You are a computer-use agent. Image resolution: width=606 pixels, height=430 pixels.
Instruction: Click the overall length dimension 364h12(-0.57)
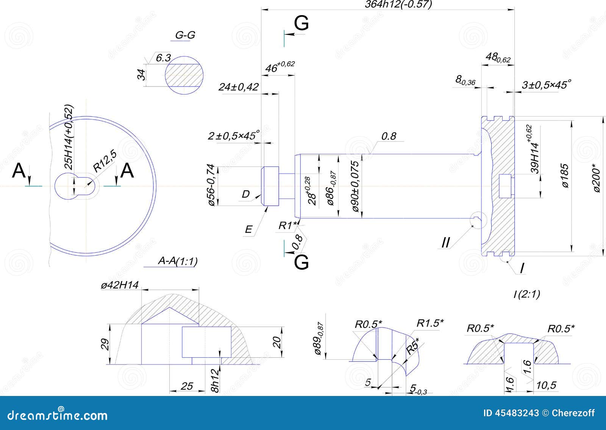tap(398, 4)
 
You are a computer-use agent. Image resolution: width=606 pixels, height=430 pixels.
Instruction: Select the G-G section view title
tap(185, 35)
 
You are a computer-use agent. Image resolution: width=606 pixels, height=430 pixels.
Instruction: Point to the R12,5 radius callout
tap(105, 161)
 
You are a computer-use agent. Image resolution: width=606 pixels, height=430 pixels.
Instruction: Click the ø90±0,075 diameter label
tap(355, 186)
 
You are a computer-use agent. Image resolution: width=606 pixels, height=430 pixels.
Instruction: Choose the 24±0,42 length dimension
tap(239, 87)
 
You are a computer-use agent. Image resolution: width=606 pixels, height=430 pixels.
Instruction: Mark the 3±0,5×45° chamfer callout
tap(546, 85)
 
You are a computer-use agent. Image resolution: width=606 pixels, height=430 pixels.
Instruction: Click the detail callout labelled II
tap(446, 242)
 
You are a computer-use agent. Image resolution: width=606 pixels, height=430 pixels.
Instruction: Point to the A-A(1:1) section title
tap(178, 261)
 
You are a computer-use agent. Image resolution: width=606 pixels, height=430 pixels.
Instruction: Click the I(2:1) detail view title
tap(526, 294)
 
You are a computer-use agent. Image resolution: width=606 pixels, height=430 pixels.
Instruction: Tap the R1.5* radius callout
tap(430, 323)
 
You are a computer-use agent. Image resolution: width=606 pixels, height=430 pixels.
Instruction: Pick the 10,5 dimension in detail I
tap(547, 385)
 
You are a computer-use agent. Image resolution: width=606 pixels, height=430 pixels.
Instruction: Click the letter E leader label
tap(248, 229)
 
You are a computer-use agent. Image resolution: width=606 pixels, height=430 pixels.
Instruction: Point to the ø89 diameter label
tap(319, 338)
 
